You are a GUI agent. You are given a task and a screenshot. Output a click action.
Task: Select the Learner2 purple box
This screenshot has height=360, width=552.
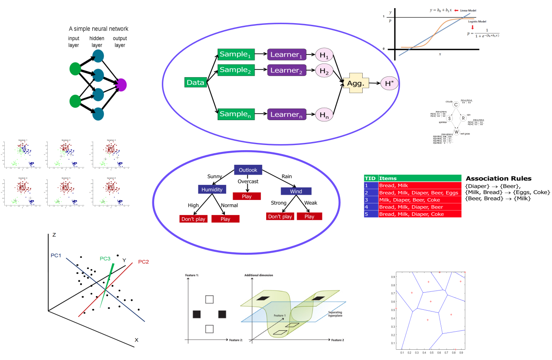286,70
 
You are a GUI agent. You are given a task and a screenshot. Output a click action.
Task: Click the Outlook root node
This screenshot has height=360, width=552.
248,170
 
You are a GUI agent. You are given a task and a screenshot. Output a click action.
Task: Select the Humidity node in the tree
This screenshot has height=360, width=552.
212,189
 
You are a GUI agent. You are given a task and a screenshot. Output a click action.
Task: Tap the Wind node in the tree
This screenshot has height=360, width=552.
296,191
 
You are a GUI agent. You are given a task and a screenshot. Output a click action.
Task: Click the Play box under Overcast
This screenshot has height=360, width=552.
246,196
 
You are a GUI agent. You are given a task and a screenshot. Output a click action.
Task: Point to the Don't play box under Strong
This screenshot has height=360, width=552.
280,217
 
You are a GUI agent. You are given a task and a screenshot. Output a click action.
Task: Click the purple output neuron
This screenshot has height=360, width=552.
121,85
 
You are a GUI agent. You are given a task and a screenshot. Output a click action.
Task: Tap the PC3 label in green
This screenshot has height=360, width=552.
105,258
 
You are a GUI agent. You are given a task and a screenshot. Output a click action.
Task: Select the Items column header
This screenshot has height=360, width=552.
388,178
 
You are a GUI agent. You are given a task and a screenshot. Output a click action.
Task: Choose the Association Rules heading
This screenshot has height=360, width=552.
498,178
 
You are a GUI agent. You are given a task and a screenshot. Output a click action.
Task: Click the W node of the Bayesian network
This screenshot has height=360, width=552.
456,132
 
